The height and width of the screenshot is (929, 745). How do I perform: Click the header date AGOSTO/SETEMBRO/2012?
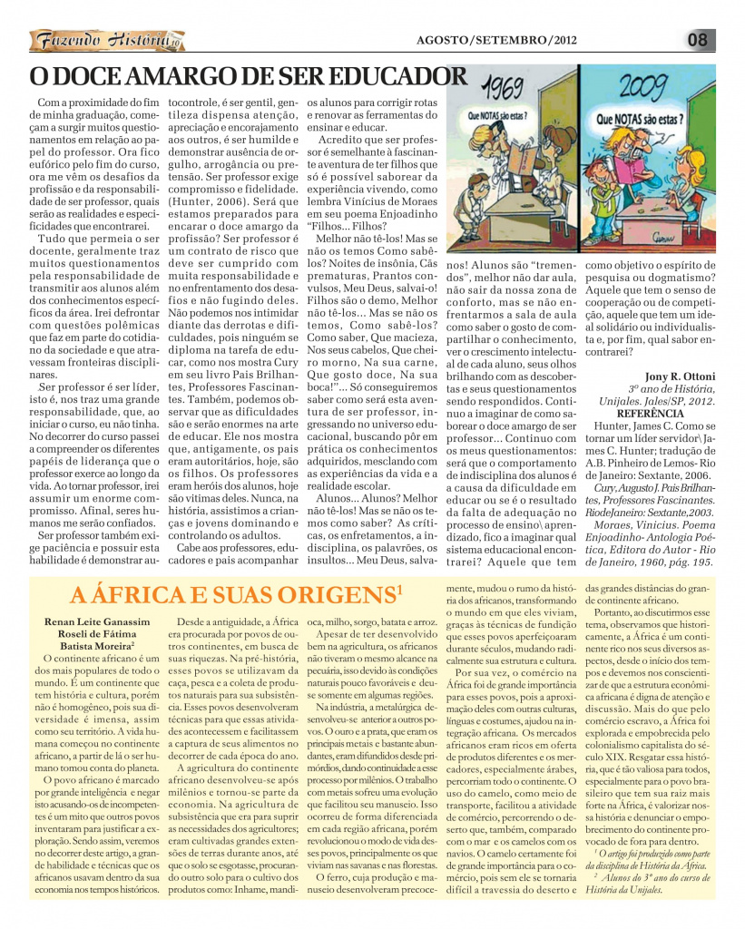click(x=495, y=40)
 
